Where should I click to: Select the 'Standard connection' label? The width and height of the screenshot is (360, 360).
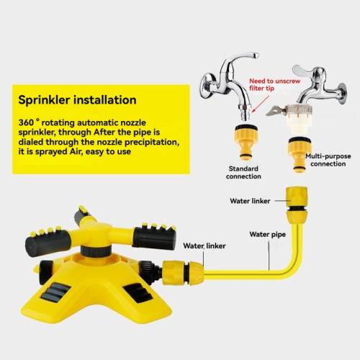243,172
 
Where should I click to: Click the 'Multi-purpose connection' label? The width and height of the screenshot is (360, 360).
328,158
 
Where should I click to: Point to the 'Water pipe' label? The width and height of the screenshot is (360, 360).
269,234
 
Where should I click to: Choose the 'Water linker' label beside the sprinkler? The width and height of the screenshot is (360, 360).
204,246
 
